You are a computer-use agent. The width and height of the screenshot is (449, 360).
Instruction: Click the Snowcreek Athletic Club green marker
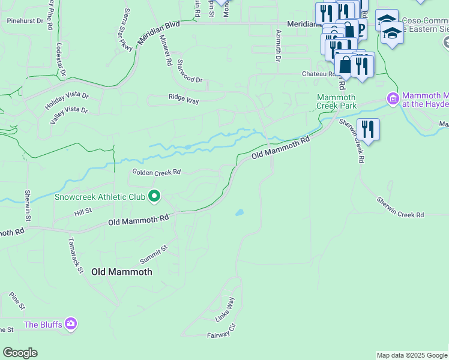pyautogui.click(x=154, y=196)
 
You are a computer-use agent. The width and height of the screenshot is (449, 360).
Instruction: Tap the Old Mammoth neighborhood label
pyautogui.click(x=122, y=272)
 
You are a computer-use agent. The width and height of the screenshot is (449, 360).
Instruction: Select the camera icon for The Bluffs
pyautogui.click(x=71, y=324)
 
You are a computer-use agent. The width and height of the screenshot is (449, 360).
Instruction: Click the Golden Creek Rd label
pyautogui.click(x=156, y=172)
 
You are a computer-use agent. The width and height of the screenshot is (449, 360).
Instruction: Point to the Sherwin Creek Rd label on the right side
pyautogui.click(x=400, y=207)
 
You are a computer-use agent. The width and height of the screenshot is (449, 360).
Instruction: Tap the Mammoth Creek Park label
pyautogui.click(x=336, y=101)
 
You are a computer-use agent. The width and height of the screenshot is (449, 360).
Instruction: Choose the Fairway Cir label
pyautogui.click(x=222, y=335)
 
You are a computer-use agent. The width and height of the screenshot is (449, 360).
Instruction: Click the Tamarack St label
pyautogui.click(x=74, y=254)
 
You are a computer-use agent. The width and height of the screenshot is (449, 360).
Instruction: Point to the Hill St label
pyautogui.click(x=82, y=212)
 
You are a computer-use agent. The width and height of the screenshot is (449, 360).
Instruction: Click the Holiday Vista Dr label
pyautogui.click(x=66, y=101)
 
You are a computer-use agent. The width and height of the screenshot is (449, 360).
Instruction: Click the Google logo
pyautogui.click(x=20, y=353)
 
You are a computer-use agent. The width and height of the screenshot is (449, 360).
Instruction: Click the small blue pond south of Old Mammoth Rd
pyautogui.click(x=240, y=212)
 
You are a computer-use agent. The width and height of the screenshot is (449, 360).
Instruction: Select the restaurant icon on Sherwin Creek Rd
pyautogui.click(x=367, y=130)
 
